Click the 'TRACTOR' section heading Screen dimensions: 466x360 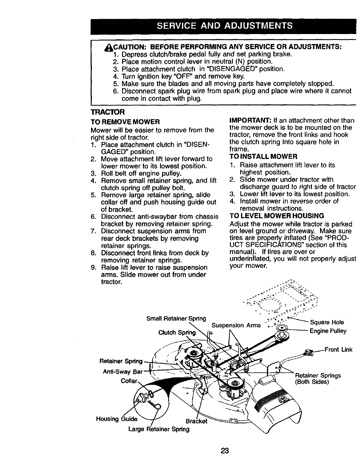pos(108,112)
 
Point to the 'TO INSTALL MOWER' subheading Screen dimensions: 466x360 pos(263,156)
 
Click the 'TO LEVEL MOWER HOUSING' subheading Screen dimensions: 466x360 pos(277,216)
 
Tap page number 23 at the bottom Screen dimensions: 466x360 pos(225,450)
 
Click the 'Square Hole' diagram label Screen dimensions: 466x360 pos(327,323)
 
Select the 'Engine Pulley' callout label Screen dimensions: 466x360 pos(328,331)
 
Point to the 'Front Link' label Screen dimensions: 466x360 pos(338,349)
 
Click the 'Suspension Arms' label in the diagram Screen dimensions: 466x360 pos(236,325)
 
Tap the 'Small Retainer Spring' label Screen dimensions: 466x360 pos(176,318)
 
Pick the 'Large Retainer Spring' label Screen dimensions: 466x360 pos(159,429)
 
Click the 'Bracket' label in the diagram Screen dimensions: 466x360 pos(197,421)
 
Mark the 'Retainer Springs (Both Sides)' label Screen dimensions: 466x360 pos(318,379)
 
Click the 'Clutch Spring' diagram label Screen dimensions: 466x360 pos(177,332)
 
